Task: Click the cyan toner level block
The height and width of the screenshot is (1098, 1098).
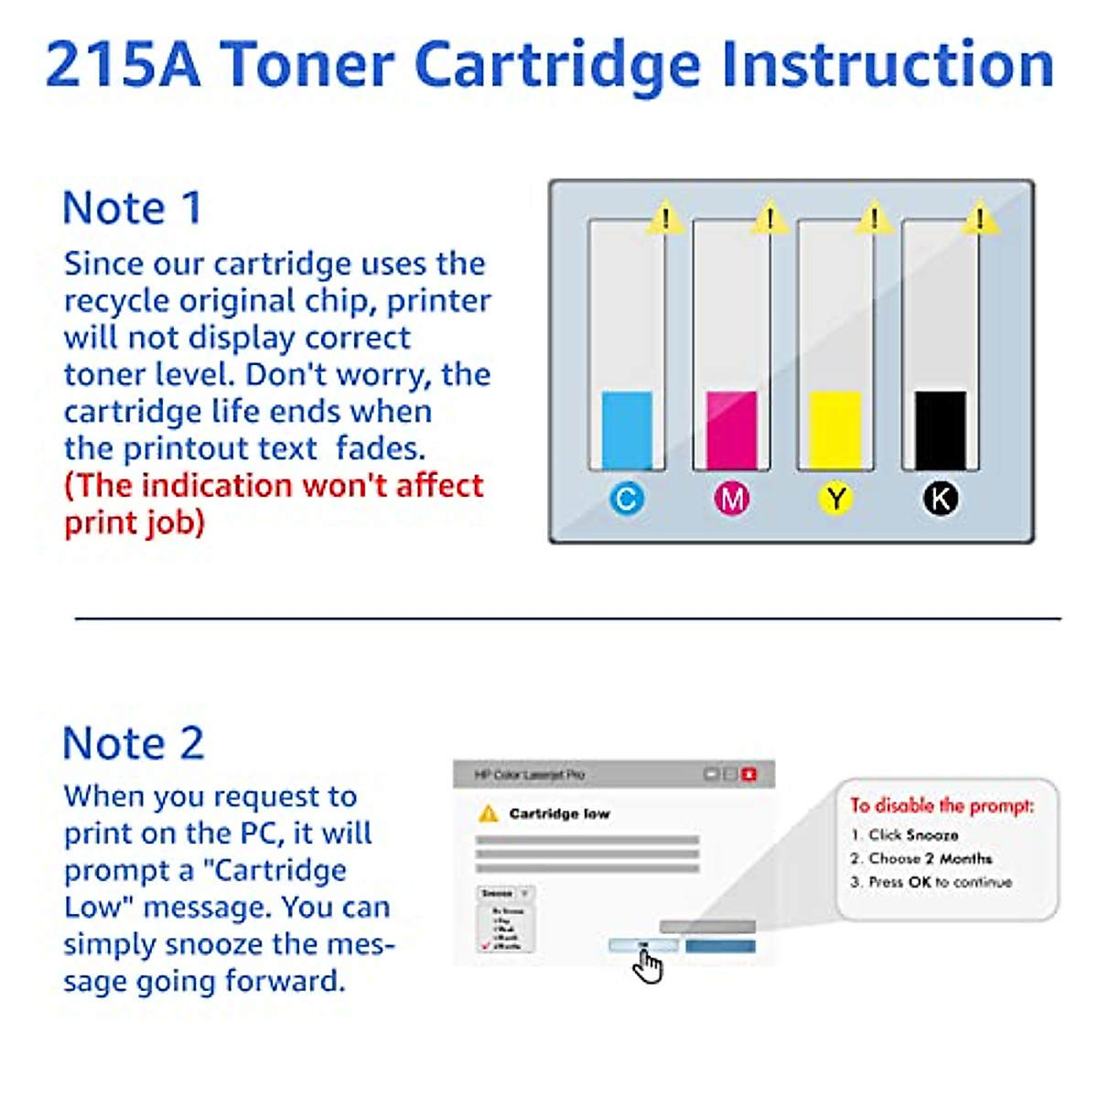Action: [627, 430]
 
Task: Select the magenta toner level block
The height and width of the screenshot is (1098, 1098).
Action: [732, 430]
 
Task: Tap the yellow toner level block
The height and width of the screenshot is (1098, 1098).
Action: [835, 430]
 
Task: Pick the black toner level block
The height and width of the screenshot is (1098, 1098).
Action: [941, 430]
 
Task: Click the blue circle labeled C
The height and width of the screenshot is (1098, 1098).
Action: [627, 499]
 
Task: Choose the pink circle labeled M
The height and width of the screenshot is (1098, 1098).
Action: [732, 499]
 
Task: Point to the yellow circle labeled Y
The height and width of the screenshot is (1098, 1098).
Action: [835, 499]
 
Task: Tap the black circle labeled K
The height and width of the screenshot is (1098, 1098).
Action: [941, 499]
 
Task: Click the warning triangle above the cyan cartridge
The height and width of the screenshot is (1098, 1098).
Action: [666, 219]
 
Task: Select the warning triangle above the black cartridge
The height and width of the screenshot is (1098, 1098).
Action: [980, 219]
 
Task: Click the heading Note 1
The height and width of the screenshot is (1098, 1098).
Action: [132, 208]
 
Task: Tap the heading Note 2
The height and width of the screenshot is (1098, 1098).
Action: [134, 743]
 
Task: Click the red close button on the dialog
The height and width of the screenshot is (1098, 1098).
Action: [749, 774]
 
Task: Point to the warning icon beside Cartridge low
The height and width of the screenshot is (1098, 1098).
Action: [489, 813]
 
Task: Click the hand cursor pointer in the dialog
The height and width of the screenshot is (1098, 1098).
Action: [648, 965]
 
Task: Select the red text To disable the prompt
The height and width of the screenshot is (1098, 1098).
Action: [942, 805]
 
